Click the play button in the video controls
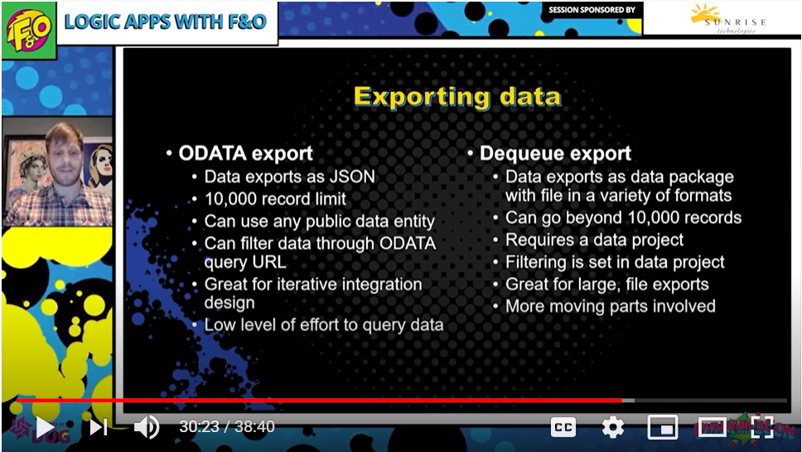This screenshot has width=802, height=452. [x=45, y=427]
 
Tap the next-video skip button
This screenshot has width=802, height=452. [x=99, y=427]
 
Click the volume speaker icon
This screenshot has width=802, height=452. [x=147, y=427]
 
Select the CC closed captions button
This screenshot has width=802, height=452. [x=563, y=427]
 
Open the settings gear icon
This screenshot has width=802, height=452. [x=613, y=427]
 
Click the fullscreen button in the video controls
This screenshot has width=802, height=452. [x=762, y=427]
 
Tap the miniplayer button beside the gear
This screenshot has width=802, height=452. [x=662, y=427]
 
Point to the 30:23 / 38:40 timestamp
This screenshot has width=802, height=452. [x=226, y=426]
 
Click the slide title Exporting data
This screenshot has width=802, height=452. [x=458, y=97]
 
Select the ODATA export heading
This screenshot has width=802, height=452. [x=245, y=153]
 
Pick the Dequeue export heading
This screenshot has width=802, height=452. [x=555, y=153]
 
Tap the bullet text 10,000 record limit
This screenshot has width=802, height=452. [x=275, y=198]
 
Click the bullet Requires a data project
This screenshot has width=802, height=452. [x=594, y=240]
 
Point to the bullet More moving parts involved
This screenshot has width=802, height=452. [x=610, y=306]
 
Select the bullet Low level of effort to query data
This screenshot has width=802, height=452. [x=324, y=325]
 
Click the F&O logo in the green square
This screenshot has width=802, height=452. [x=29, y=30]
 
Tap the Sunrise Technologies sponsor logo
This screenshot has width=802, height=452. [x=727, y=19]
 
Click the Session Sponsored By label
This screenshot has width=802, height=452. [x=592, y=10]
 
